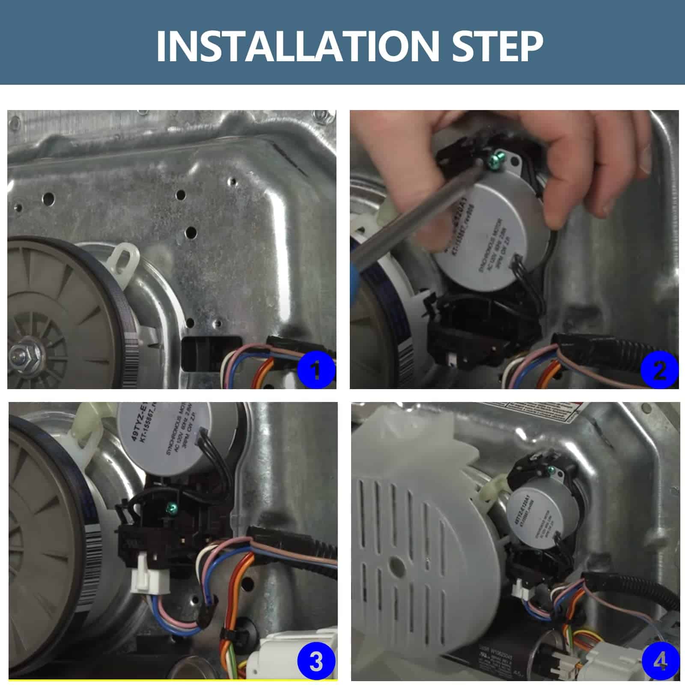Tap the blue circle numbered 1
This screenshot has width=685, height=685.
point(316,369)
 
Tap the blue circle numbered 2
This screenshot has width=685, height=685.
point(660,369)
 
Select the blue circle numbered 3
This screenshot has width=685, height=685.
point(316,661)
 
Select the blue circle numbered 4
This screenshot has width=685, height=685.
point(660,662)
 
